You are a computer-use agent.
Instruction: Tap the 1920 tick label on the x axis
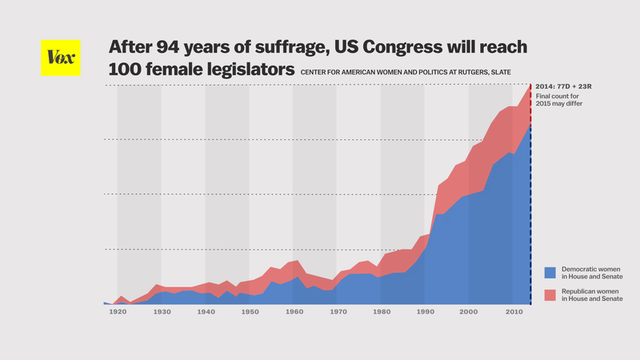(118, 313)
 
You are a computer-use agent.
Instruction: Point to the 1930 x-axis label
(162, 313)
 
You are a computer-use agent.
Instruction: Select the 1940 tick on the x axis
(206, 313)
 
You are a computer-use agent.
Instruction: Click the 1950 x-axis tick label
(250, 313)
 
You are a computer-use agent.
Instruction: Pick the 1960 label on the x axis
(293, 313)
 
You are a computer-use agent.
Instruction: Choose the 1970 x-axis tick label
(337, 313)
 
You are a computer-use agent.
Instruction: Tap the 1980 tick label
(381, 313)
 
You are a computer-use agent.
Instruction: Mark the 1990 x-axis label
(424, 313)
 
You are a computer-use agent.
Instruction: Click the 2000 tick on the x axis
(468, 313)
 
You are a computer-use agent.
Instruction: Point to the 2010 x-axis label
(512, 313)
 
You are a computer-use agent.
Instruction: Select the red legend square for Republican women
(550, 295)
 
